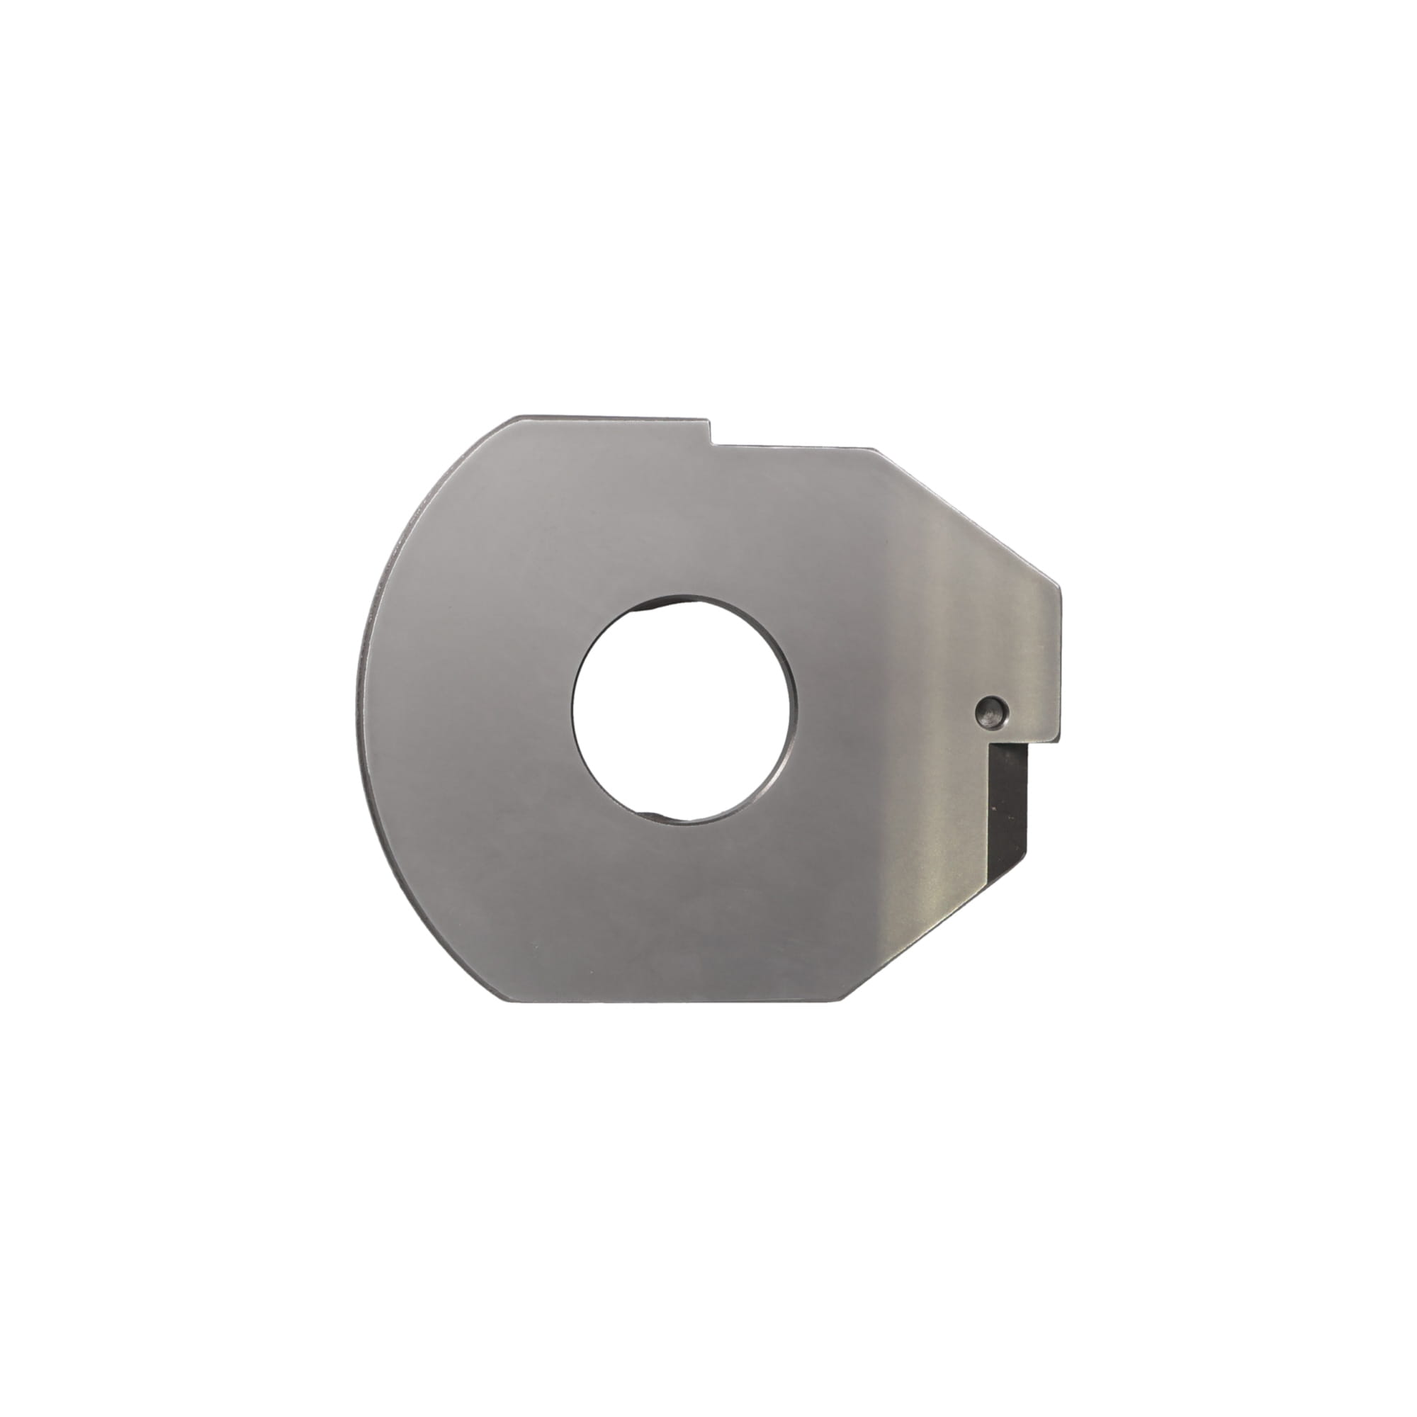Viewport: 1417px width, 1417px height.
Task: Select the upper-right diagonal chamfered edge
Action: [968, 514]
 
